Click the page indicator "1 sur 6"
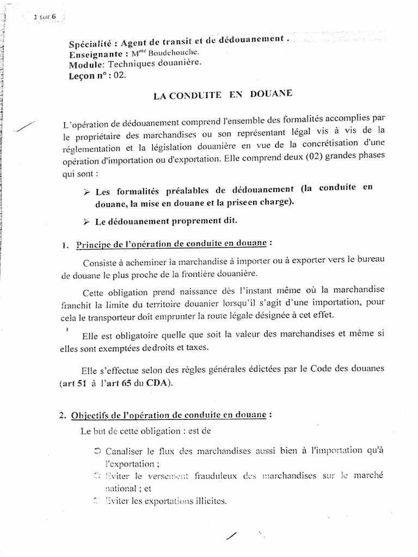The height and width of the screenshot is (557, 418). tap(47, 17)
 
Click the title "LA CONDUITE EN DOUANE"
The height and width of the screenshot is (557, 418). tap(223, 95)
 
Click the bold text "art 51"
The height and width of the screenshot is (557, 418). tap(73, 383)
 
